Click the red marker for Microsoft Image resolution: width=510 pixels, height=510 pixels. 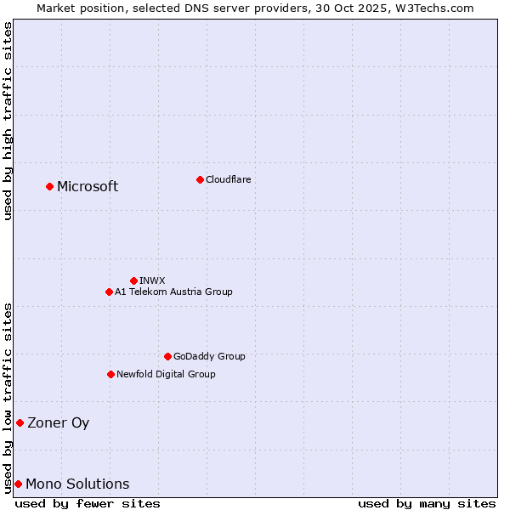[49, 186]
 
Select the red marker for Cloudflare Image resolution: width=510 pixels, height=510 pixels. [200, 179]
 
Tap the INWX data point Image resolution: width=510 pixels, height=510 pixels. [133, 280]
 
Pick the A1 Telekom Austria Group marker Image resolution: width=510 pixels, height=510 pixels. [109, 292]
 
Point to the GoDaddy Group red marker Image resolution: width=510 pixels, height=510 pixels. [167, 356]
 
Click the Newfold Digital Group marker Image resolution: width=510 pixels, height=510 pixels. [110, 374]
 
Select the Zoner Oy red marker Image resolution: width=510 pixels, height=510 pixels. [20, 422]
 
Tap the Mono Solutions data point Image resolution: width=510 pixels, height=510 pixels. [18, 484]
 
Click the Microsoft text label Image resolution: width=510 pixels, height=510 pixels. [88, 187]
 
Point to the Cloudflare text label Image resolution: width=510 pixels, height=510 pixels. [228, 179]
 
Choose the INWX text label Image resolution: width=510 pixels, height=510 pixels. [152, 280]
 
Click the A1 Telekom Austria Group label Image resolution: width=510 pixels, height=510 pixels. [173, 292]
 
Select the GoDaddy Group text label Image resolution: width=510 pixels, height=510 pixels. [209, 356]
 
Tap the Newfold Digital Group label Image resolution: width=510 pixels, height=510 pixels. [166, 374]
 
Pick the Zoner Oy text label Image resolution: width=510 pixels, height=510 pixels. [58, 423]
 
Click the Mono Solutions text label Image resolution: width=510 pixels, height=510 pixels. [77, 484]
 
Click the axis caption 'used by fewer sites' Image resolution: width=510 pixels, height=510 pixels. [88, 503]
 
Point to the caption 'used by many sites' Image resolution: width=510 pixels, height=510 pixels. [427, 503]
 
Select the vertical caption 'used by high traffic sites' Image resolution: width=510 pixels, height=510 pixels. [8, 121]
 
